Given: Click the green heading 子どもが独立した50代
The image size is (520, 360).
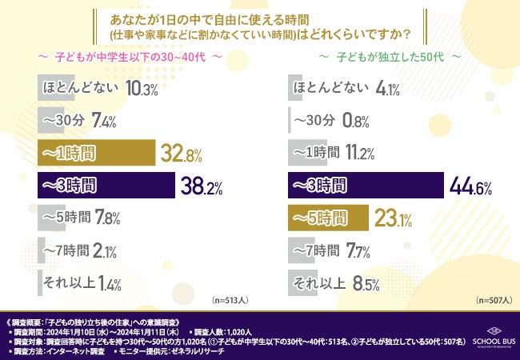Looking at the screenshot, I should click(x=390, y=58).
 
